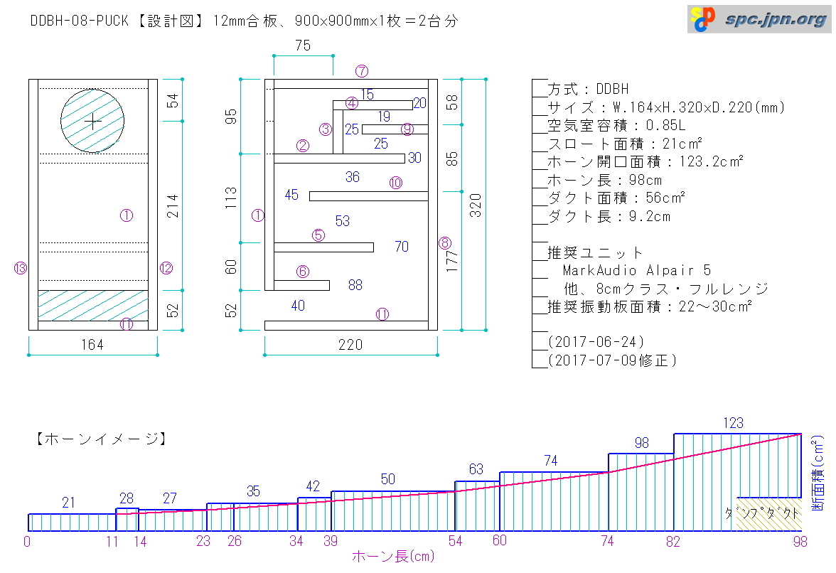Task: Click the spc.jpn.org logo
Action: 759,19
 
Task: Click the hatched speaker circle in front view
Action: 92,121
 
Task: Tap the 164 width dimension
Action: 92,345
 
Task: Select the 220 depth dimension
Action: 350,345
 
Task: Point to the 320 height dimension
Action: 476,205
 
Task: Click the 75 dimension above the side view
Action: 303,45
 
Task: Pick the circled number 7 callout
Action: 362,71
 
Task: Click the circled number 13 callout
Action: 20,268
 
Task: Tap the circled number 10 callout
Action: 395,183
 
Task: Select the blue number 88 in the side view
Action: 355,285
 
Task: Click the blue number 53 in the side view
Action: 343,220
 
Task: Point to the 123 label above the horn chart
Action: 733,423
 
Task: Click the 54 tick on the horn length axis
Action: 455,542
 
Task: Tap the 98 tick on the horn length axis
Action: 800,542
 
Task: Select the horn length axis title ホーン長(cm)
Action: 393,557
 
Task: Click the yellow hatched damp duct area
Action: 769,515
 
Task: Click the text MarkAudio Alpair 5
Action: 637,271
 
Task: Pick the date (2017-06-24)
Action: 596,342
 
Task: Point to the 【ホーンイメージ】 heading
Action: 101,439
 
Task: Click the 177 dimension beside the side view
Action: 451,261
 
